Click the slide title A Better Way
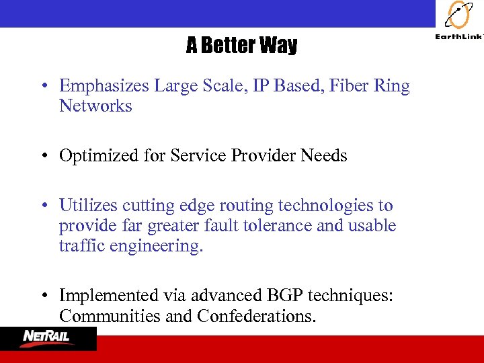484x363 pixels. coord(241,46)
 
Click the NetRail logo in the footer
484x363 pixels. coord(48,338)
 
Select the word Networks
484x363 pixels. coord(95,106)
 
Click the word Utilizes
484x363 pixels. coord(89,206)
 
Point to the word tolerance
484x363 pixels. coord(280,226)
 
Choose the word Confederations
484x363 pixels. coord(256,316)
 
